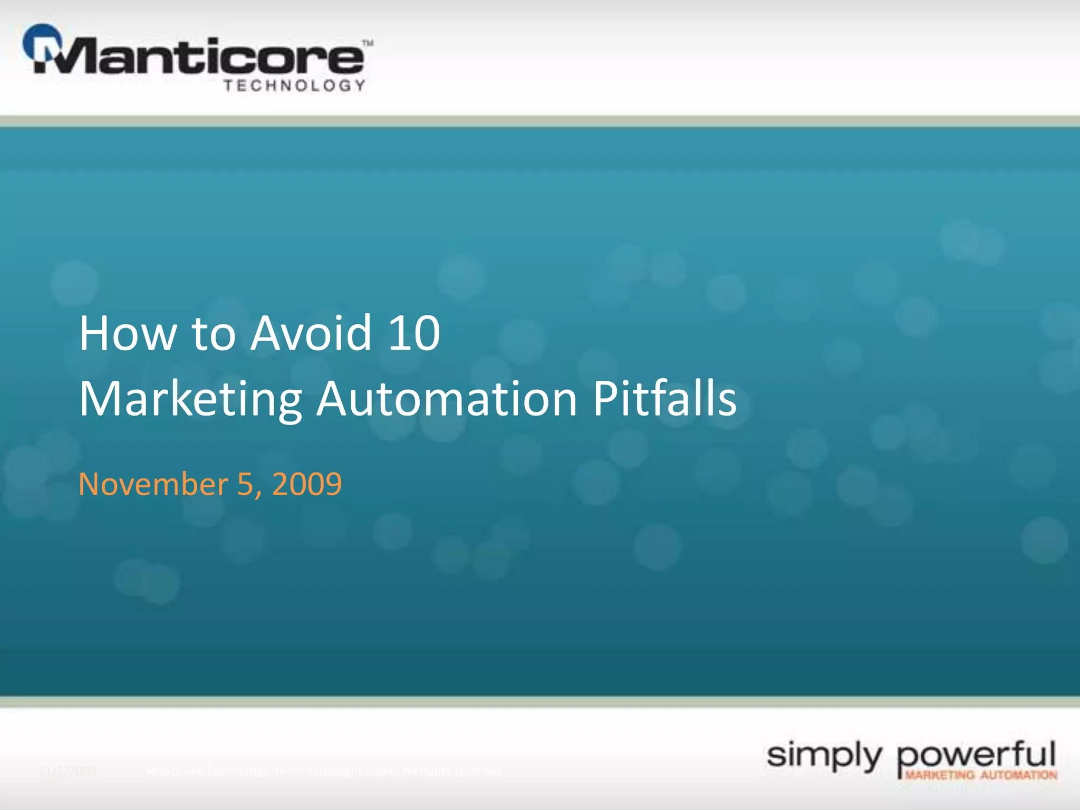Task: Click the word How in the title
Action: (x=127, y=333)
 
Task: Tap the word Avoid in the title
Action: (x=311, y=333)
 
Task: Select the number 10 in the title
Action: (x=414, y=333)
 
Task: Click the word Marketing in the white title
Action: (x=190, y=399)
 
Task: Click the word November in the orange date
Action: (x=153, y=484)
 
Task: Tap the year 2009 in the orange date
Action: (x=307, y=484)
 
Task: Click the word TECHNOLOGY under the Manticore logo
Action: (x=294, y=85)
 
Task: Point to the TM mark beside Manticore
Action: (x=368, y=43)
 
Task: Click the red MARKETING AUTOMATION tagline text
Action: (x=981, y=775)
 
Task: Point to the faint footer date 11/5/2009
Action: (x=67, y=771)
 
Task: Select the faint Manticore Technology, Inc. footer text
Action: (x=218, y=771)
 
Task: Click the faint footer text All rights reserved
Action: (x=451, y=771)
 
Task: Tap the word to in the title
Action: (x=213, y=334)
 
